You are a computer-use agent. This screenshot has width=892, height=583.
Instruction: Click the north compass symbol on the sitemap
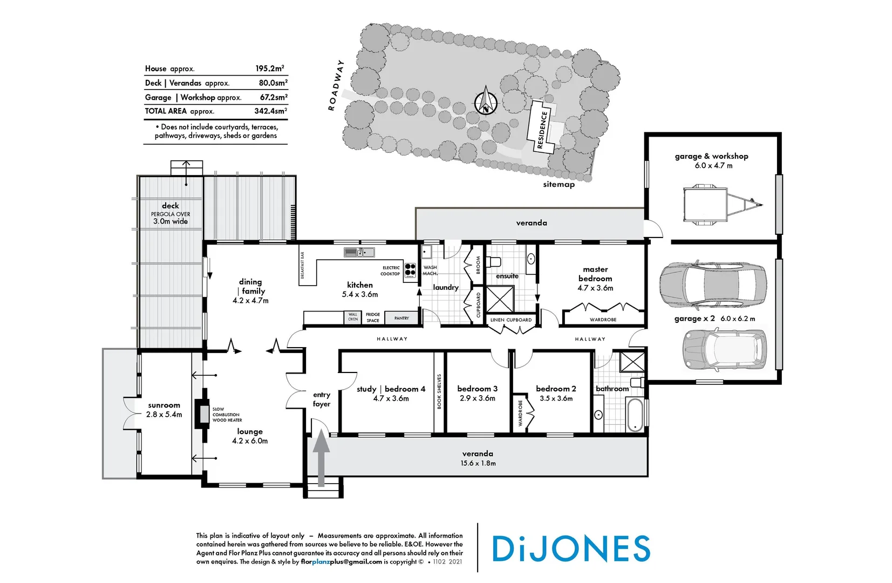tap(486, 101)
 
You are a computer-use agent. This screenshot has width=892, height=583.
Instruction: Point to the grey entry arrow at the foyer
tap(322, 458)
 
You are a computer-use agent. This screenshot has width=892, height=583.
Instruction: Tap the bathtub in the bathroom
tap(635, 414)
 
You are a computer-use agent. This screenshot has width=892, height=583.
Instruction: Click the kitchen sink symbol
tap(359, 252)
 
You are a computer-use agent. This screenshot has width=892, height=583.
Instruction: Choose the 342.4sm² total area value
tap(270, 111)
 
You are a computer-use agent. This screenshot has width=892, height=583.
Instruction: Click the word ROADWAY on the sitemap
tap(336, 85)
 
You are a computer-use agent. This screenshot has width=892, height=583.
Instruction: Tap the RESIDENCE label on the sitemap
tap(542, 130)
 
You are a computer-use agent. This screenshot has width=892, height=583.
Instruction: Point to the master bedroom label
tap(595, 274)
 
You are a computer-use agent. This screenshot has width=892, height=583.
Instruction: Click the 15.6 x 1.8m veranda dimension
tap(478, 463)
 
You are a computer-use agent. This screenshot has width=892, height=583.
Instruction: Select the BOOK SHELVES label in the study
tap(439, 391)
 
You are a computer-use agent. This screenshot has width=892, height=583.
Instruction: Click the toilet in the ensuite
tap(493, 262)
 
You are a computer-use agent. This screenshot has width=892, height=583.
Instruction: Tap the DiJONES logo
tap(571, 549)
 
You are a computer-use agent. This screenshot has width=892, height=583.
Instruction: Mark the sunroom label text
tap(164, 405)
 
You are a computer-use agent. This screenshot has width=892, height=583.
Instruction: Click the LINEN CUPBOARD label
tap(510, 320)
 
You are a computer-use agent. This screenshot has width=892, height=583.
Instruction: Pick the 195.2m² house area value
tap(269, 69)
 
